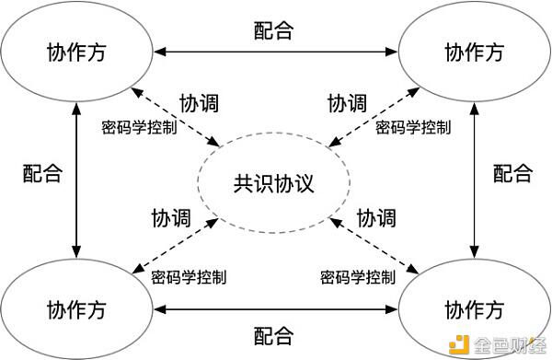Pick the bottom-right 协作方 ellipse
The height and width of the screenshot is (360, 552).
[x=474, y=307]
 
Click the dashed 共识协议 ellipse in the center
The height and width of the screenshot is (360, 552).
[x=274, y=180]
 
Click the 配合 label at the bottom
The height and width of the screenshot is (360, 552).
[x=273, y=334]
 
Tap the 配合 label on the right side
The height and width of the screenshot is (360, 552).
[x=512, y=172]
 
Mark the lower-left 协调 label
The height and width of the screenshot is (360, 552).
[x=171, y=218]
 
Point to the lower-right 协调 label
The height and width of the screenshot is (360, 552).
[x=376, y=218]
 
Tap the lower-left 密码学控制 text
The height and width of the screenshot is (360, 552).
[x=188, y=275]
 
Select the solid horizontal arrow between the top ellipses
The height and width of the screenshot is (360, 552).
[x=273, y=51]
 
